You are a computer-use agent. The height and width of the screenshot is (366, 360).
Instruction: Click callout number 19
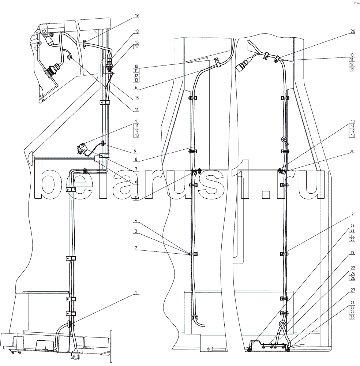137,15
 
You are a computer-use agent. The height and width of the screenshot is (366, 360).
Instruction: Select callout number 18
137,31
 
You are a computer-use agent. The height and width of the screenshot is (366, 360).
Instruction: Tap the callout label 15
137,98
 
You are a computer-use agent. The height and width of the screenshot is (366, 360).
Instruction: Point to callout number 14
137,109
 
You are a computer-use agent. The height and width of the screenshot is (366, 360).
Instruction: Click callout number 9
135,151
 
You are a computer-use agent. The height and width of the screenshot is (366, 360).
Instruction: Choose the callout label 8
136,160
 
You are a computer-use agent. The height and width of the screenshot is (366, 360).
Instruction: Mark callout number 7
136,169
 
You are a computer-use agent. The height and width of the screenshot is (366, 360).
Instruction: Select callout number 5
136,198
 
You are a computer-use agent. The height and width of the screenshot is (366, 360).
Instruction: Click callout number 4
136,220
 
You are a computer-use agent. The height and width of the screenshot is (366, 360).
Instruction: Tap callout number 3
136,231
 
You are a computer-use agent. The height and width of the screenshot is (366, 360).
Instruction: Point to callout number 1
136,292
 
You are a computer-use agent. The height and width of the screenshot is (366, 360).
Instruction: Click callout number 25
352,253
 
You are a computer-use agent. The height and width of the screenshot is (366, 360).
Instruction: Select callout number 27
353,290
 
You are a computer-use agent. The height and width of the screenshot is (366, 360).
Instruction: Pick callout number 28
353,317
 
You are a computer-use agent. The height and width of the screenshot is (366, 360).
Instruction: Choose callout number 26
353,278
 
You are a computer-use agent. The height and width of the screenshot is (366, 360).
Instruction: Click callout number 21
352,226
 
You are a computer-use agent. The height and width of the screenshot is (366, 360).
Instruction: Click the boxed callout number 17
137,46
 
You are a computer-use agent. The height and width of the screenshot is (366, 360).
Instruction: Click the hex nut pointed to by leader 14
70,57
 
